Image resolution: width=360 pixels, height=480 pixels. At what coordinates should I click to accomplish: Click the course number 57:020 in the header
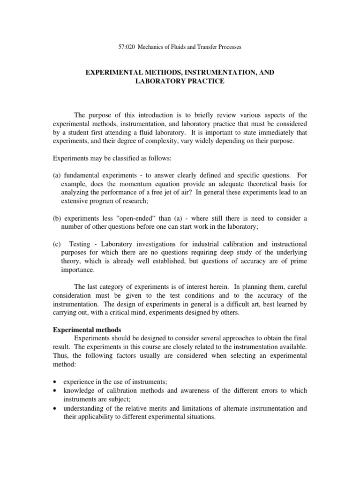click(123, 47)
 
